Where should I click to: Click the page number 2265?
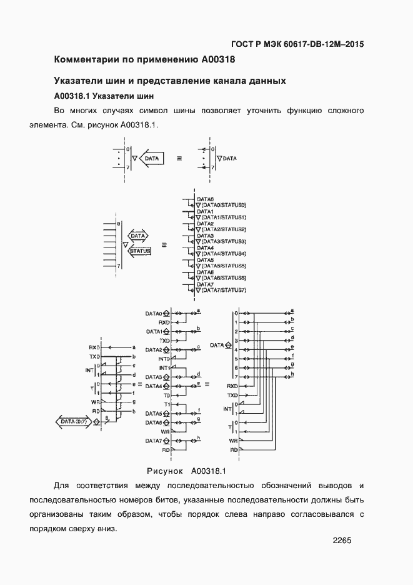click(x=342, y=541)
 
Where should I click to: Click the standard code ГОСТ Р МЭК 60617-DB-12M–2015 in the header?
click(x=297, y=44)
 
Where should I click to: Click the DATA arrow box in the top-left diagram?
click(x=152, y=159)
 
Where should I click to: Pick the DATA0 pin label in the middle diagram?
click(x=154, y=313)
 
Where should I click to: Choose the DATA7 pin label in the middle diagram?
click(x=154, y=441)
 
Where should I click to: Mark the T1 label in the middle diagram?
click(x=166, y=404)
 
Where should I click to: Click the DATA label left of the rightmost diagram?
click(x=216, y=344)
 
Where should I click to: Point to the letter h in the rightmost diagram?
click(x=292, y=374)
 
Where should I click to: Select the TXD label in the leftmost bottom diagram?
click(x=95, y=356)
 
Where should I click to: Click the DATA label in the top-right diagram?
click(x=229, y=159)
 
